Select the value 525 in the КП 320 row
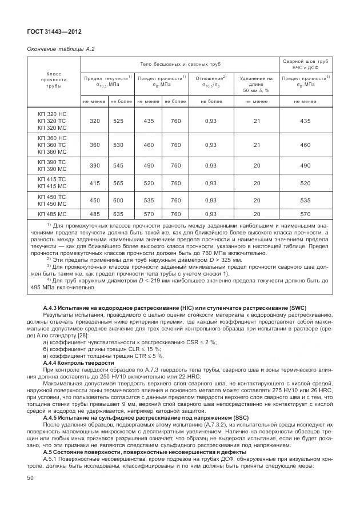point(118,121)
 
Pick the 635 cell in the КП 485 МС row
point(118,214)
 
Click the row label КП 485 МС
point(52,214)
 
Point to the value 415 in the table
point(94,183)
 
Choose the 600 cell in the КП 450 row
point(118,201)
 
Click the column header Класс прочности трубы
point(54,81)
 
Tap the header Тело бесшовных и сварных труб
point(180,65)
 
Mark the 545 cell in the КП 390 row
point(118,165)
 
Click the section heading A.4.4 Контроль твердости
point(78,362)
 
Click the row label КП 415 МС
point(52,186)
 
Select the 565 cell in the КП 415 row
point(118,183)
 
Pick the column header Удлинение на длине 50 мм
point(256,83)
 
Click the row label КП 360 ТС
point(52,145)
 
